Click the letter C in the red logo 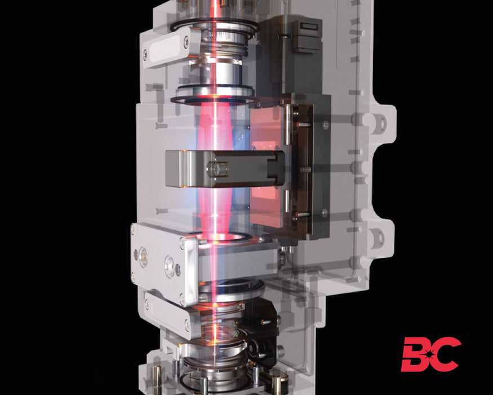click(446, 354)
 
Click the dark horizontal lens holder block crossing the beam click(228, 168)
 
